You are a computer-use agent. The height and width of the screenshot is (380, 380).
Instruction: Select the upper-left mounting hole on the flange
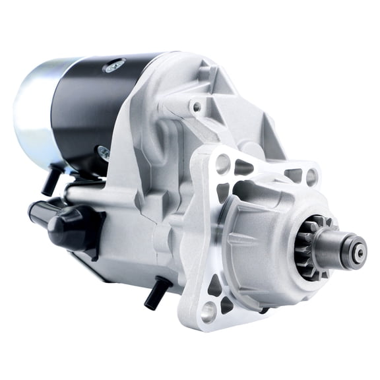click(x=223, y=162)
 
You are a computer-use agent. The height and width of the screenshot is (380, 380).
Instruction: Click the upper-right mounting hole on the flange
click(x=311, y=176)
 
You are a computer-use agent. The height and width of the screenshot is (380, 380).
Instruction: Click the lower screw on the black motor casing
click(x=104, y=152)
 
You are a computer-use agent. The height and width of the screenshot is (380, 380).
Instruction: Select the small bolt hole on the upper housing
click(x=196, y=106)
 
